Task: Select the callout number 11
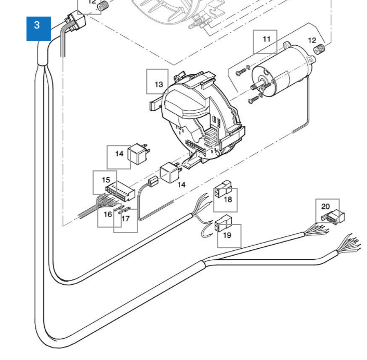[x=266, y=40]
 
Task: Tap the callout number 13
[x=158, y=83]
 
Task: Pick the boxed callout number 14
[x=119, y=154]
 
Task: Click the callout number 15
[x=106, y=180]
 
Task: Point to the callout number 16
[x=108, y=214]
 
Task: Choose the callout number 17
[x=125, y=219]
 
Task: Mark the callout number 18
[x=228, y=199]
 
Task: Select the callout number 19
[x=227, y=235]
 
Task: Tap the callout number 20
[x=325, y=207]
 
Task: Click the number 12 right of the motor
[x=312, y=41]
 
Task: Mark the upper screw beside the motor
[x=240, y=72]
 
